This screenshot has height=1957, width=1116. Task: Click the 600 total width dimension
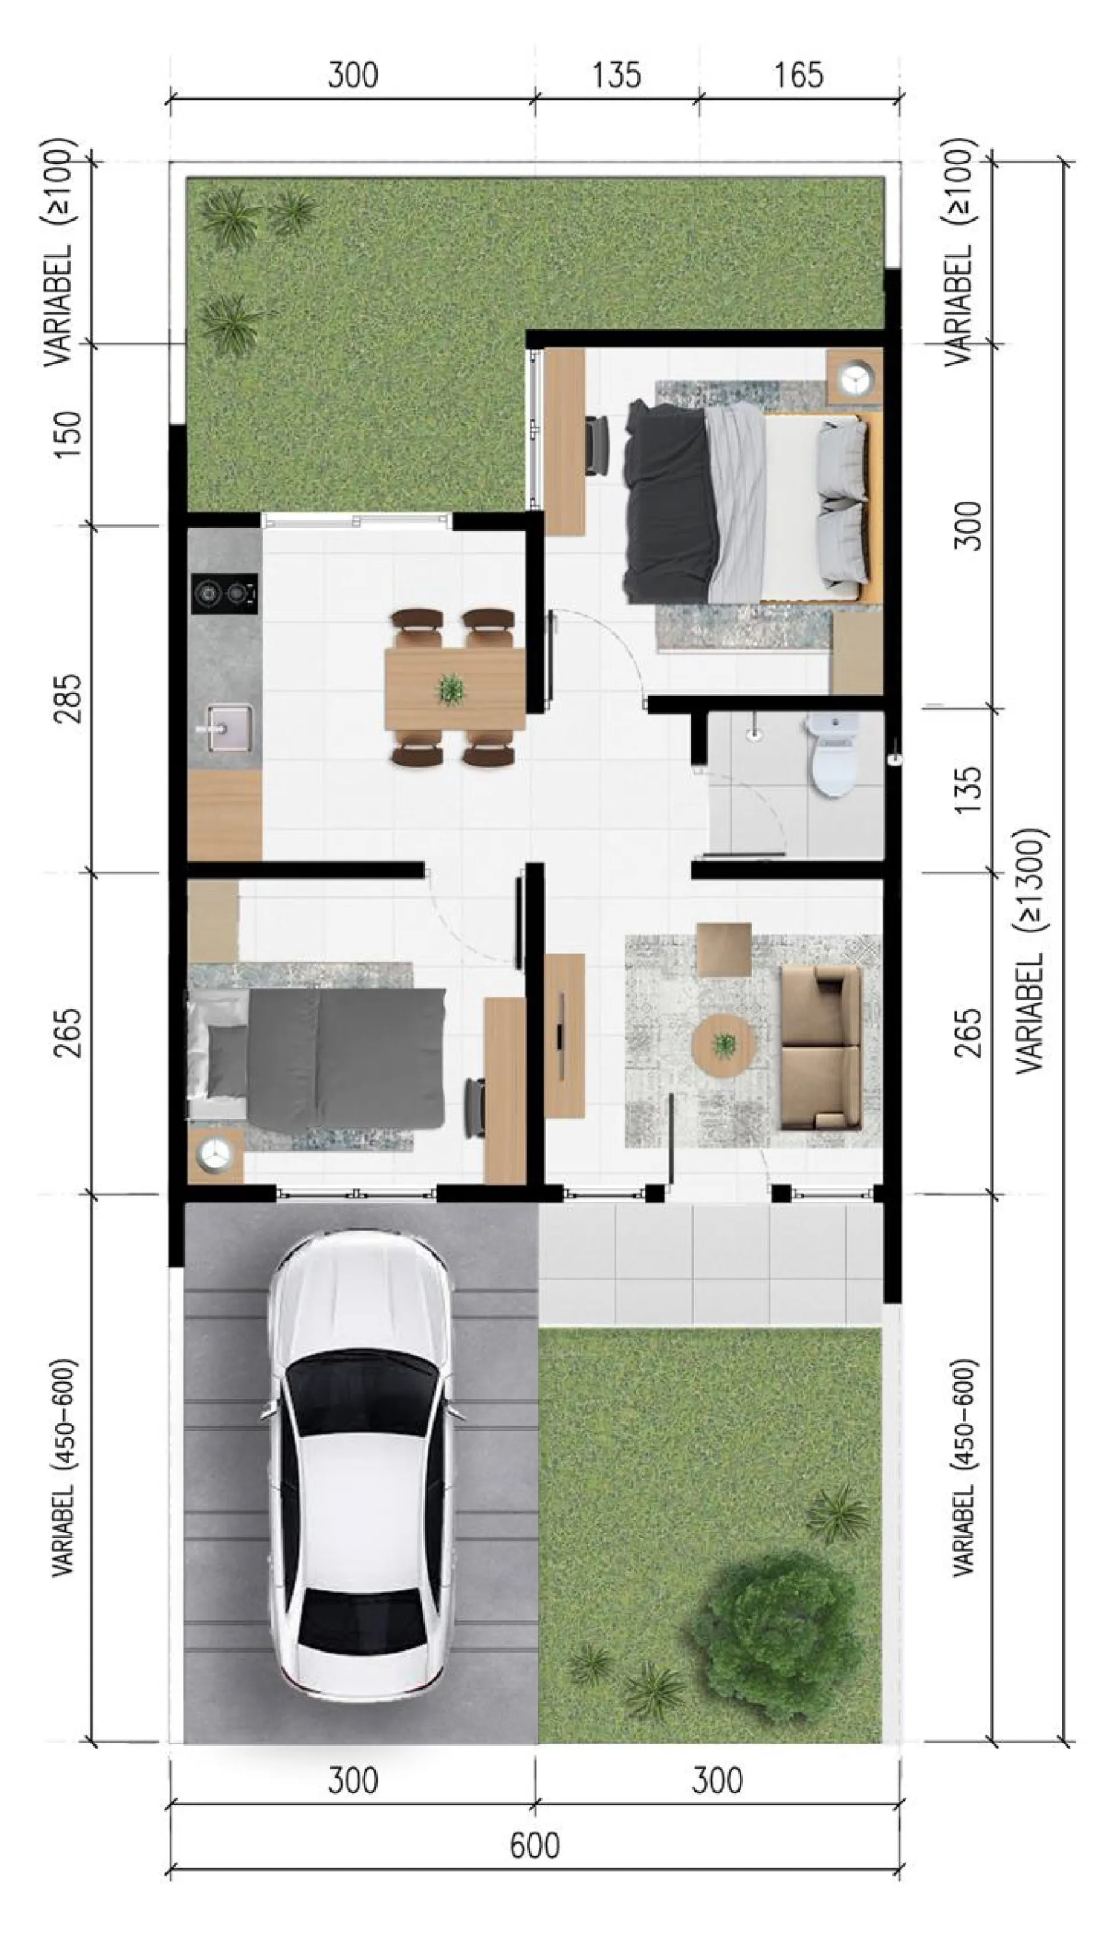534,1845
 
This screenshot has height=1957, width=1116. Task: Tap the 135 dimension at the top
616,75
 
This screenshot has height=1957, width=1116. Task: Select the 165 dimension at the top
798,75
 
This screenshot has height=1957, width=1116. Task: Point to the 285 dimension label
67,698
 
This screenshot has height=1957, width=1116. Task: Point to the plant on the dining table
450,689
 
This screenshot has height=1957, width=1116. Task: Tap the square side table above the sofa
724,949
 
